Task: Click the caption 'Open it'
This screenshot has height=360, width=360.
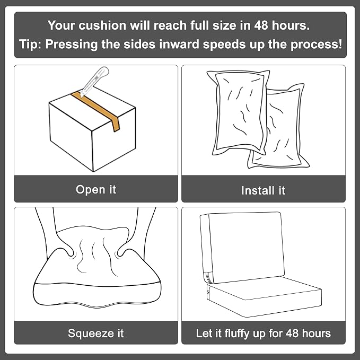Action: pyautogui.click(x=96, y=190)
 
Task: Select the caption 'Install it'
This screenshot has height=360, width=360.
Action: pyautogui.click(x=264, y=190)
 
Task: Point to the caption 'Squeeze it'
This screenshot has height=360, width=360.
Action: pyautogui.click(x=96, y=333)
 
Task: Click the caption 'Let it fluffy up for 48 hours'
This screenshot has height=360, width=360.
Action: pyautogui.click(x=264, y=333)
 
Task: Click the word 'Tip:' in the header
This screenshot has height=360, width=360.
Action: pyautogui.click(x=30, y=44)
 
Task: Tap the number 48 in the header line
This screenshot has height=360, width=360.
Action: pyautogui.click(x=261, y=25)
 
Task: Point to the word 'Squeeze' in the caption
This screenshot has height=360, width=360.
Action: pyautogui.click(x=91, y=333)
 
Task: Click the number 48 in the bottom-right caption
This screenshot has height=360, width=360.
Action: pyautogui.click(x=292, y=333)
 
